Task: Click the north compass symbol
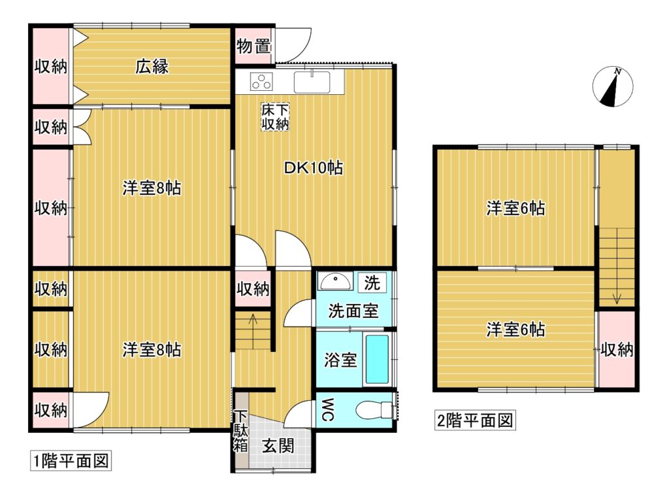pos(613,87)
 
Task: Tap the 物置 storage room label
pos(254,46)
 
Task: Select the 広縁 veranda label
pos(152,66)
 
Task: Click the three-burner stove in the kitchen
pos(261,81)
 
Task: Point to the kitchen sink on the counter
pos(312,82)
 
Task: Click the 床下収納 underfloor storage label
pos(275,117)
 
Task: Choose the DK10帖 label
pos(314,168)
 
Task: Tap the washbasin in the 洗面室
pos(335,281)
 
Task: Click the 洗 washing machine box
pos(372,283)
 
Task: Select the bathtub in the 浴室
pos(378,359)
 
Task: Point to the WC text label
pos(327,410)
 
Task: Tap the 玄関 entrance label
pos(278,446)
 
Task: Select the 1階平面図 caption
pos(71,461)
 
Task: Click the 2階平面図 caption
pos(475,420)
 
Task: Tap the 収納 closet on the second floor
pos(617,350)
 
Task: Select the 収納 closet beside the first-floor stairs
pos(253,288)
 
